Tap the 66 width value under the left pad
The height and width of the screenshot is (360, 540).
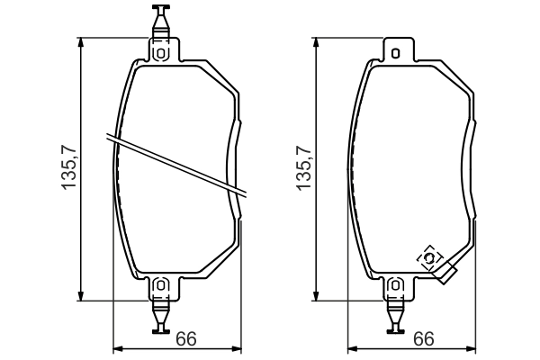(x=185, y=339)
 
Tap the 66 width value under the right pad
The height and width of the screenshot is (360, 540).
(x=423, y=339)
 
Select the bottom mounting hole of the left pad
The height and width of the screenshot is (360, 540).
(x=161, y=286)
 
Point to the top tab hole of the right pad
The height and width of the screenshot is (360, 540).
(x=395, y=53)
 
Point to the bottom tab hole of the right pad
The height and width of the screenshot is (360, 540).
(x=395, y=286)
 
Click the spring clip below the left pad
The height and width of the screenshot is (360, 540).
(x=161, y=316)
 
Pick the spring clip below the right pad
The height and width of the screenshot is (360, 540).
(x=395, y=316)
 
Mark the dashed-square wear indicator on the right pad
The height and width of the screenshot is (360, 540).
(x=430, y=259)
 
